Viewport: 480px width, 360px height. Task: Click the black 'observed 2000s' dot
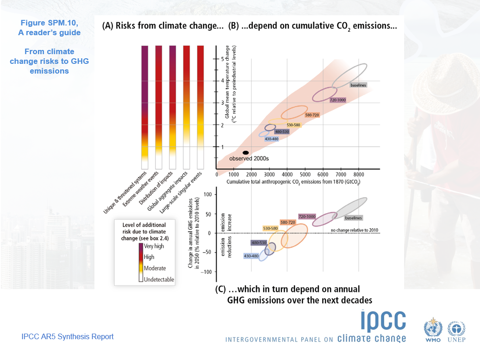tap(246, 153)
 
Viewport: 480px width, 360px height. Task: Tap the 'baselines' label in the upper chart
tap(358, 85)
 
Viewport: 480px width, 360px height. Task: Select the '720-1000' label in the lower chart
tap(307, 217)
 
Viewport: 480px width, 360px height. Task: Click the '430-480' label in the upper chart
tap(271, 139)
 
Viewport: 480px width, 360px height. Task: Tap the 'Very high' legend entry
tap(155, 246)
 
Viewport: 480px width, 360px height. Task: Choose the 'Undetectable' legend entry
tap(159, 279)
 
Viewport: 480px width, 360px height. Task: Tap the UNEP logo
tap(456, 331)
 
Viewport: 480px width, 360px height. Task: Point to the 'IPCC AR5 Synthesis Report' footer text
tap(68, 337)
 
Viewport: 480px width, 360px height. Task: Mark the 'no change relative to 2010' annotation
tap(355, 230)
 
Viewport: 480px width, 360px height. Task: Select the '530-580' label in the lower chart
tap(270, 228)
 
